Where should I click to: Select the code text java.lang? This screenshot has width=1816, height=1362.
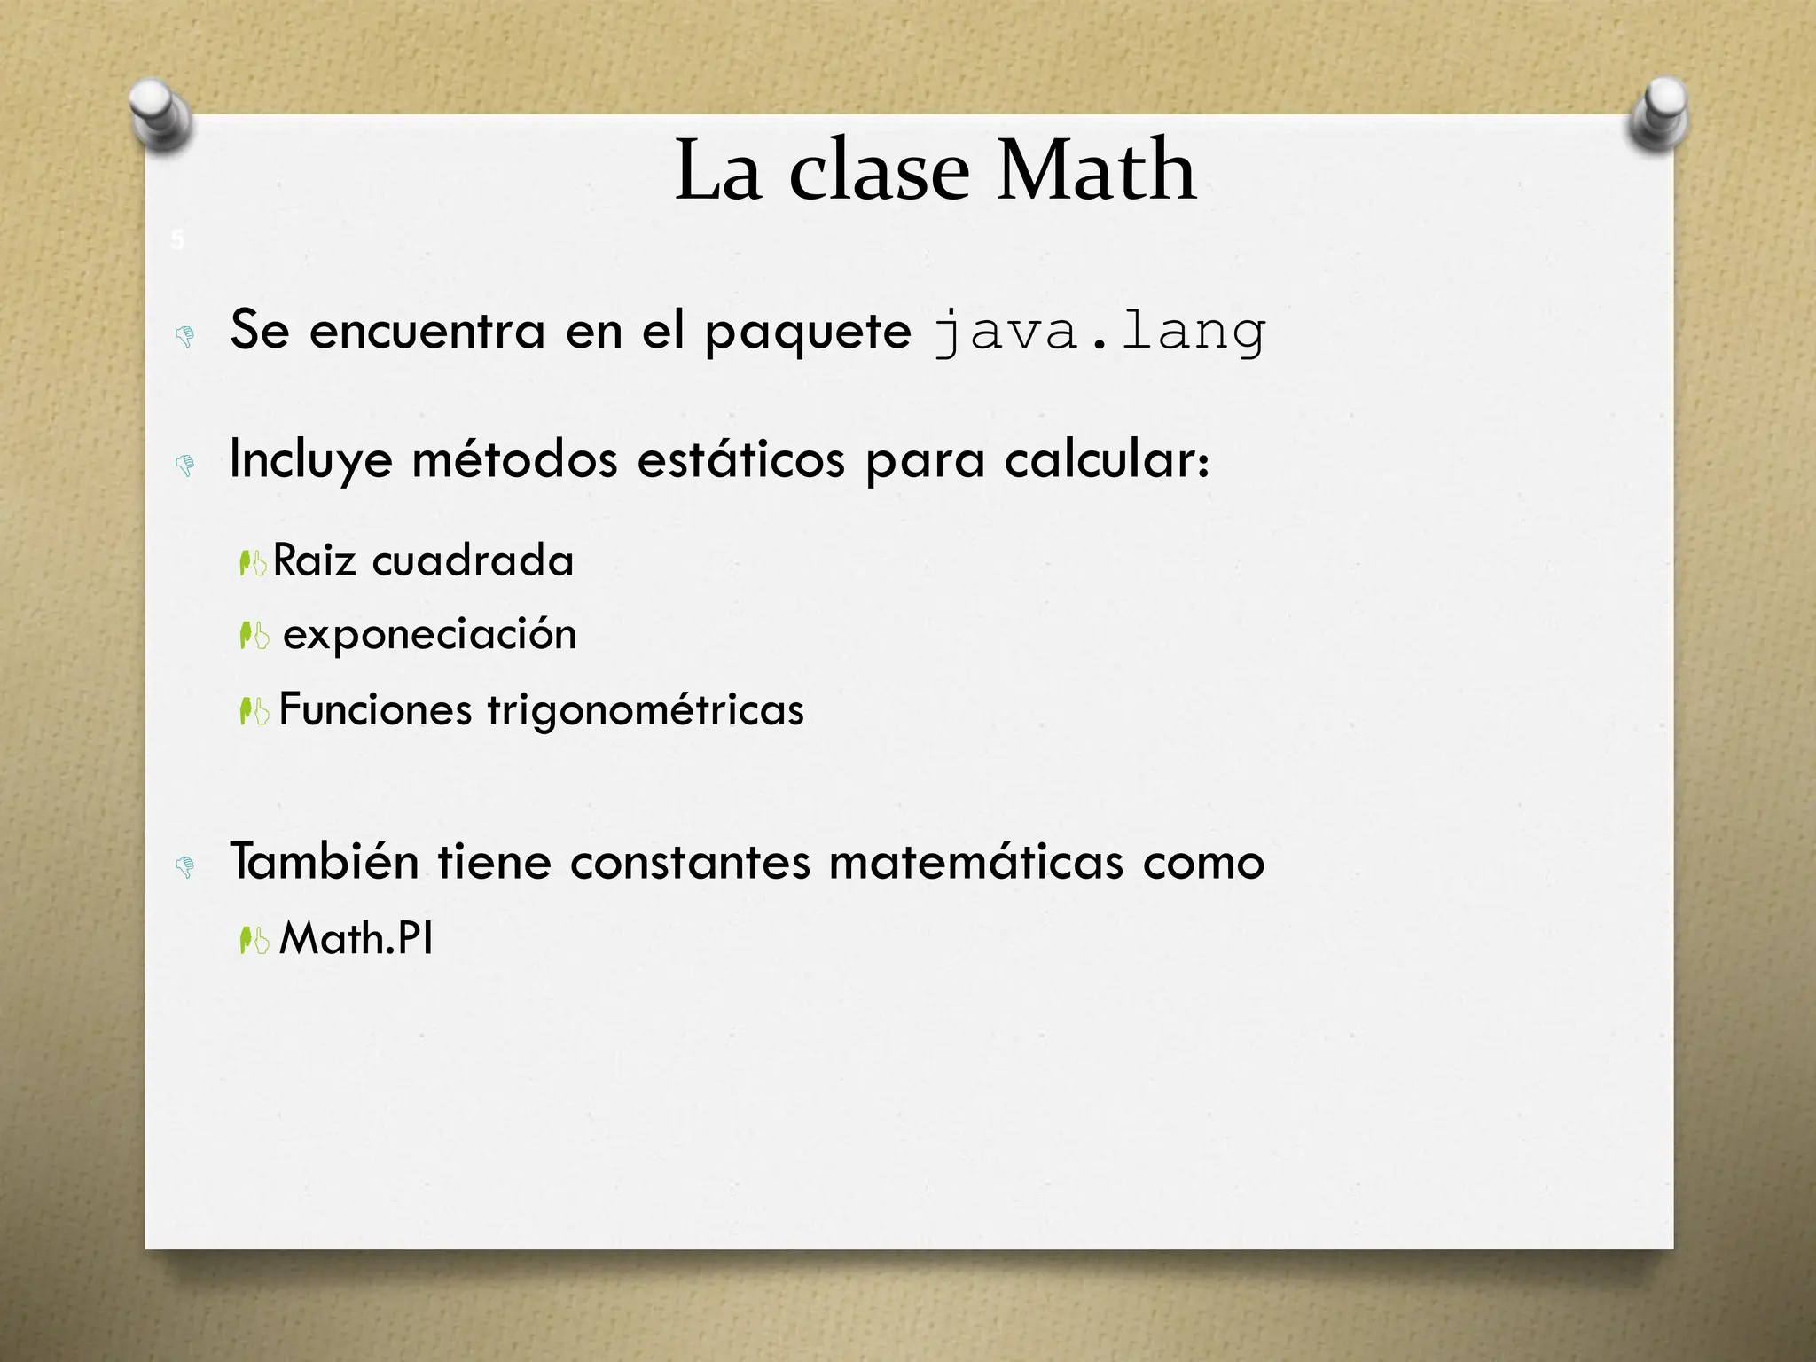click(x=1100, y=333)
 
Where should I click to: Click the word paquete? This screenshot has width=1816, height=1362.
click(x=807, y=333)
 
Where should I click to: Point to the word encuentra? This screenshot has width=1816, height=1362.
click(x=427, y=331)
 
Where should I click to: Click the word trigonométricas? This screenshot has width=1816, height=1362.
click(x=646, y=709)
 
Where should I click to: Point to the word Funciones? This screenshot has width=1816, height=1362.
click(x=375, y=709)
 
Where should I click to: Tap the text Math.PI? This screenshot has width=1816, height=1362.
click(x=356, y=938)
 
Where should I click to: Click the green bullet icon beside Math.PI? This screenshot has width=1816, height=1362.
click(x=254, y=940)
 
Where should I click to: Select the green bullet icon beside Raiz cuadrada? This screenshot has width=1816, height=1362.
click(x=254, y=562)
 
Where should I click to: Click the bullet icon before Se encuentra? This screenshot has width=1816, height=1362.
click(x=185, y=336)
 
